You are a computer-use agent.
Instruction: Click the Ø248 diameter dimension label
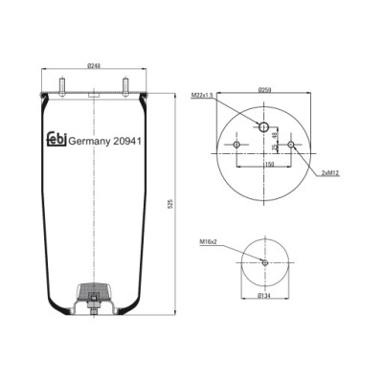click(94, 66)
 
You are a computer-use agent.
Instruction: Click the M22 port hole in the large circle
click(264, 126)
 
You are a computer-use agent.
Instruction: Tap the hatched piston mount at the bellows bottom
click(94, 292)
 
